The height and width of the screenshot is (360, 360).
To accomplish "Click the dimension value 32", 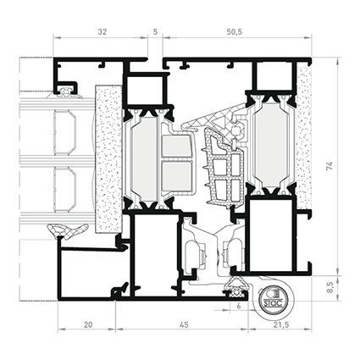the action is pos(102,32).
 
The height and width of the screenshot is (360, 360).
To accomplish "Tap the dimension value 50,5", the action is pos(235,32).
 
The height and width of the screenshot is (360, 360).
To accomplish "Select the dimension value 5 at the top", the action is pos(155,32).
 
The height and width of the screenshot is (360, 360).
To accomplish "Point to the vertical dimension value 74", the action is pos(330,166).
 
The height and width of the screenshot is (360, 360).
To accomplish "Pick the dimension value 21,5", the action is pos(281,325).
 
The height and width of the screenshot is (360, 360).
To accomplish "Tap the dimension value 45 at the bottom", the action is pos(184,325).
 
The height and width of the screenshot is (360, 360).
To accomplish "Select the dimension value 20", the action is pos(88,325).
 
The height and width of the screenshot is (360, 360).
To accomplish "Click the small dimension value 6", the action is pos(239,306).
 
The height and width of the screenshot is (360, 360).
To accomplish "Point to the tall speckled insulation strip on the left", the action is pos(108,159).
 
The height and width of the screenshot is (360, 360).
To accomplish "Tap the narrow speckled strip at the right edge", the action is pos(304,138).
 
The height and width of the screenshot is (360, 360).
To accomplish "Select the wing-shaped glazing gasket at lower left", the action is pos(68,230).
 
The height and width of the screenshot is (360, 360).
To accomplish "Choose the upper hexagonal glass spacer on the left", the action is pos(64,132).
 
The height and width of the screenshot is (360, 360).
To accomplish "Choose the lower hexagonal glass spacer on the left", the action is pos(64,190).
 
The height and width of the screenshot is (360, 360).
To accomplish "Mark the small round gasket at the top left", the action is pos(66,91).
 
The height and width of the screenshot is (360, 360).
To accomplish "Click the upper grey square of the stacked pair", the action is pos(176,147).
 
